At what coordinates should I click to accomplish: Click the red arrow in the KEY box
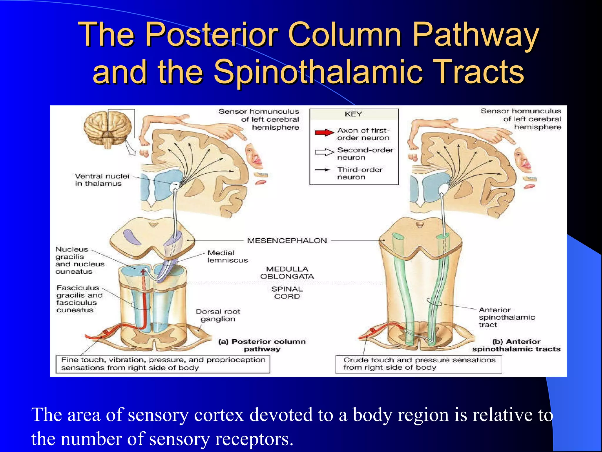324,133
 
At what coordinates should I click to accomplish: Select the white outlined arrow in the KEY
324,152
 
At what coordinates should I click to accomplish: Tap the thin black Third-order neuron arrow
322,170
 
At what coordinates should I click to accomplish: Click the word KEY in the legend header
353,114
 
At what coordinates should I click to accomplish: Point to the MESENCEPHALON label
287,241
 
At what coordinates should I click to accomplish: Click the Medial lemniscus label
228,257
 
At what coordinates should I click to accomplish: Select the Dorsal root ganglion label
218,315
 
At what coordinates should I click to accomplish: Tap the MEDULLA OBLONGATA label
287,273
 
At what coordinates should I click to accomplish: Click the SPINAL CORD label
287,293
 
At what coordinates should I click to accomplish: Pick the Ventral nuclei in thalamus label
102,180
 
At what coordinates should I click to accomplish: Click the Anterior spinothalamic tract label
506,317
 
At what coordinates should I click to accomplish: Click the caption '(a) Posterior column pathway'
262,345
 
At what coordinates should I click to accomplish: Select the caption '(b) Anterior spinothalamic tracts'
516,345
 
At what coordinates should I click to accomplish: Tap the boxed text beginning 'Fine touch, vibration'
163,364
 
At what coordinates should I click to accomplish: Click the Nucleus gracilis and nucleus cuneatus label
80,260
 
